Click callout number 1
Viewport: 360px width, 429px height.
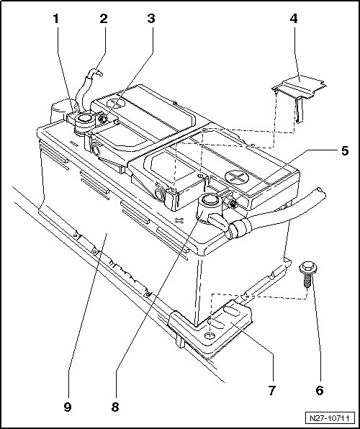56,19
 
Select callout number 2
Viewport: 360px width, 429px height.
104,19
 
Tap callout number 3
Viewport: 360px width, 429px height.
151,19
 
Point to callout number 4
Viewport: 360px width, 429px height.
293,19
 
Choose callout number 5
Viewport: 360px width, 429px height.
345,150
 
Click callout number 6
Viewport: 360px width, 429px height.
320,390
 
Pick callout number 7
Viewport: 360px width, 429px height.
271,390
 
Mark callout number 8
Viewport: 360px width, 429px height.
115,407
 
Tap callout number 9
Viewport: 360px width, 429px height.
68,407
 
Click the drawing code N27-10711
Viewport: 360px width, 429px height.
330,418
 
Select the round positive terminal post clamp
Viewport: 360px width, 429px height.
209,209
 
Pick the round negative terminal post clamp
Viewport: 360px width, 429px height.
84,123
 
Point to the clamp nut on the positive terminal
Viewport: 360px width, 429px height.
233,203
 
